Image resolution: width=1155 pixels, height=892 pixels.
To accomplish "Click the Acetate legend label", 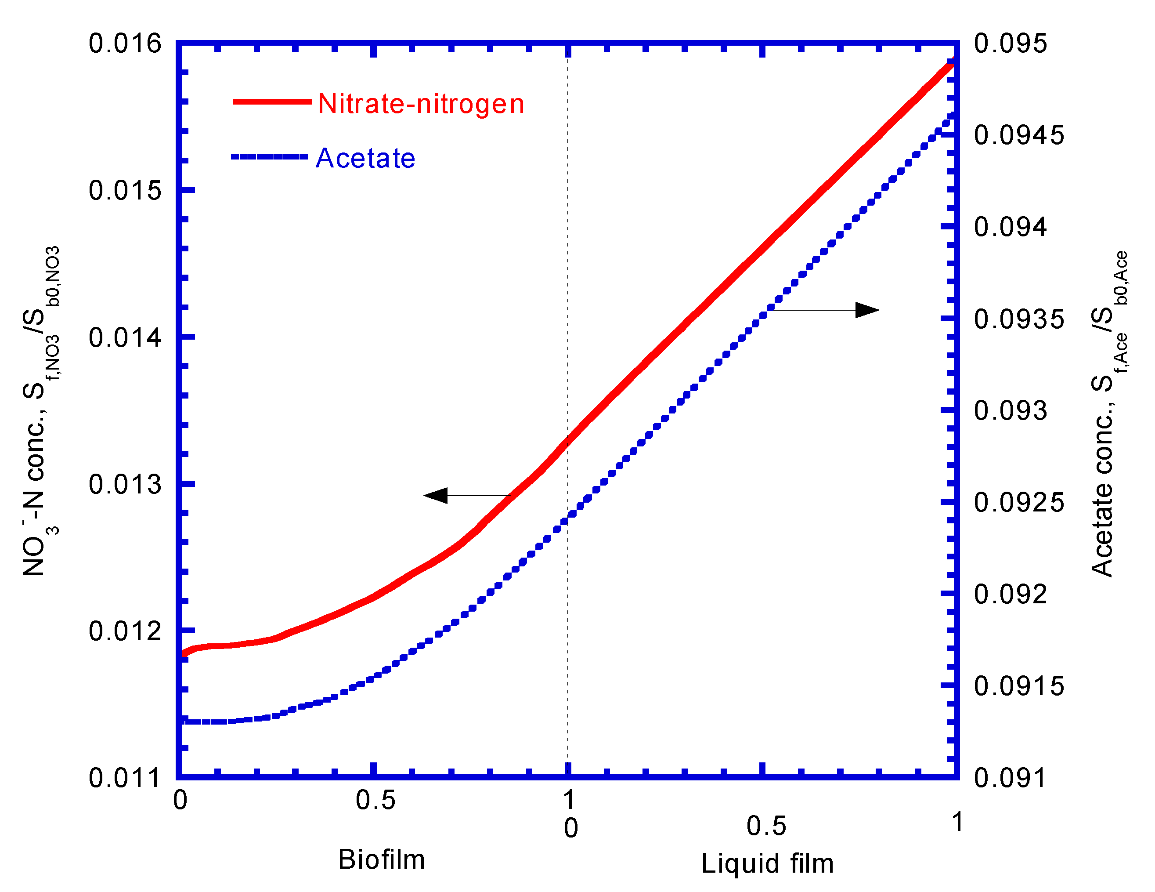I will [x=365, y=158].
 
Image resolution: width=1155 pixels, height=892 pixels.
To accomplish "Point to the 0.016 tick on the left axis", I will [x=125, y=43].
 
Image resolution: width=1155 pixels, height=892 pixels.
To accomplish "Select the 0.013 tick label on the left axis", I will [x=125, y=484].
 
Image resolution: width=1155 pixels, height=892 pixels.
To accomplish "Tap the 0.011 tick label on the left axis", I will [x=125, y=778].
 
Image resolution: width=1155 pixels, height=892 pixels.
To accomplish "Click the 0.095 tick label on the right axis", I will [x=1010, y=43].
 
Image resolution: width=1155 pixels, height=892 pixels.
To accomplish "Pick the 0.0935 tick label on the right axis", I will [x=1018, y=319].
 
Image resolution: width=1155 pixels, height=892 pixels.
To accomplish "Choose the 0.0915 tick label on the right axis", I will [x=1018, y=686].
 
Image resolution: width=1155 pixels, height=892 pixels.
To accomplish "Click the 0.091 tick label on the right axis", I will [x=1010, y=778].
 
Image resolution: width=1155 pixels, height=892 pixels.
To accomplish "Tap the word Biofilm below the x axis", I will [x=381, y=859].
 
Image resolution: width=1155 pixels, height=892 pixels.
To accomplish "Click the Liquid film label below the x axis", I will [x=767, y=863].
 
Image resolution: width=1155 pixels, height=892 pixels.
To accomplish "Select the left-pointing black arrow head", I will [x=436, y=496].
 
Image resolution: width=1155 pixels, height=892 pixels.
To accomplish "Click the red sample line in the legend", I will [x=272, y=102].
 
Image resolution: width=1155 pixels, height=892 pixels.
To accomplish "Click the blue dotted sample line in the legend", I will [x=269, y=156].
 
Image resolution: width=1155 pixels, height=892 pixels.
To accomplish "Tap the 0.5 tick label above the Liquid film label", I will [x=766, y=826].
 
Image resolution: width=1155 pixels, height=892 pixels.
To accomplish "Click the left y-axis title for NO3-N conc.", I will [x=41, y=411].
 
